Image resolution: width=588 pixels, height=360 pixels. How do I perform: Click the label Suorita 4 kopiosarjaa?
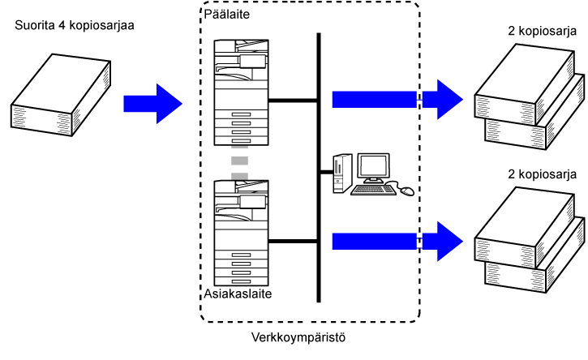[x=75, y=25]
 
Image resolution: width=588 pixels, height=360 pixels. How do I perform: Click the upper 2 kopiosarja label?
[x=542, y=32]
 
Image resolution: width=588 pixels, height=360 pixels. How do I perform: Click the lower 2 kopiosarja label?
[x=542, y=174]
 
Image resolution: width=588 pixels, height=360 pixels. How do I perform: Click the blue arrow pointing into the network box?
[x=152, y=103]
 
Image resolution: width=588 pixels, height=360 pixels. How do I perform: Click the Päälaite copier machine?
[x=240, y=89]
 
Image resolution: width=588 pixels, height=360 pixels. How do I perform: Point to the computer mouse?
[x=406, y=191]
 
